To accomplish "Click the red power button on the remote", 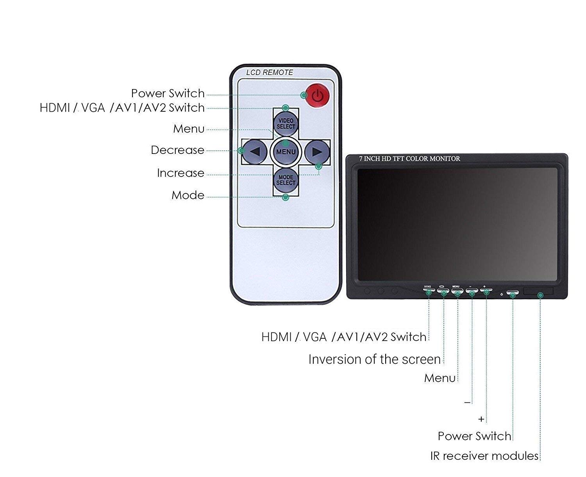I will coord(318,95).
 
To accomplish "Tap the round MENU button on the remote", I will coord(286,152).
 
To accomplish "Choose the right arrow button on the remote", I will coord(317,152).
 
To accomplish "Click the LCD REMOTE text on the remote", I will coord(270,73).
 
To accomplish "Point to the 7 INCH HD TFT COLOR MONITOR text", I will coord(409,159).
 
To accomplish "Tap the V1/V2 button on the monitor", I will coord(429,290).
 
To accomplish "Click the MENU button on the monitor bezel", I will coord(457,290).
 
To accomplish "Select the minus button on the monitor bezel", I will coord(472,290).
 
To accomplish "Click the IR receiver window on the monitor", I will coord(538,291).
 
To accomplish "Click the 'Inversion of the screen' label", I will coord(374,359).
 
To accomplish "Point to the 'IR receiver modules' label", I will coord(484,456).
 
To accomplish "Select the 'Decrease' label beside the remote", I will coord(178,150).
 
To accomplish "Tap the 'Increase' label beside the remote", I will coord(180,173).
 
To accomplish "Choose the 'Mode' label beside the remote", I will coord(188,195).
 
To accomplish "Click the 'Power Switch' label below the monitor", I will coord(474,436).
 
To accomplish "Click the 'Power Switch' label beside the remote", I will coord(168,93).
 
